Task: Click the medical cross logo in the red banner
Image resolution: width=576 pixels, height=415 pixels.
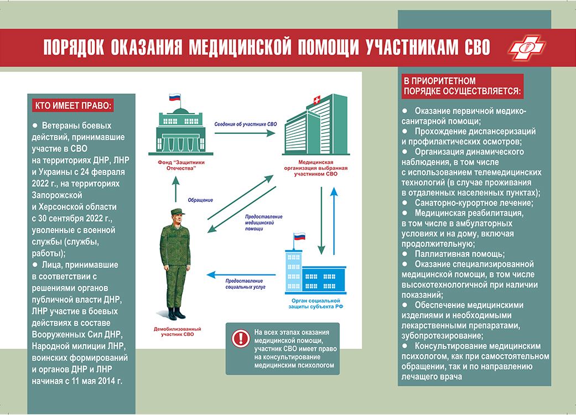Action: (x=526, y=48)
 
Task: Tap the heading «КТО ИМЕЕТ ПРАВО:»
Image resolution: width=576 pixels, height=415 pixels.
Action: (x=72, y=106)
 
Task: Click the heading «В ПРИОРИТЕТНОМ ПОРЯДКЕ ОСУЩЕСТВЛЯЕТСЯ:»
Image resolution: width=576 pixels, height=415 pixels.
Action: (x=462, y=86)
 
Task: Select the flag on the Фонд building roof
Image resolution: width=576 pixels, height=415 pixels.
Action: (x=175, y=97)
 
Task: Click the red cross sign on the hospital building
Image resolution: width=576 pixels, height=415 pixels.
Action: (x=316, y=100)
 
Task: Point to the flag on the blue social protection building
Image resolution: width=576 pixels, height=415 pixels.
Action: (x=299, y=236)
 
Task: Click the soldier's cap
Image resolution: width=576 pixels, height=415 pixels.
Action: (x=178, y=212)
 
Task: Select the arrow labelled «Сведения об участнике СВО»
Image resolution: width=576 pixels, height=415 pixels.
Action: (x=245, y=133)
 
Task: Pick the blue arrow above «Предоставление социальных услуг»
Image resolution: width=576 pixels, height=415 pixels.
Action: (x=241, y=274)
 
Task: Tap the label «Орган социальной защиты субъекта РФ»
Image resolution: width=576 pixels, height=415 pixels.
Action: (x=315, y=304)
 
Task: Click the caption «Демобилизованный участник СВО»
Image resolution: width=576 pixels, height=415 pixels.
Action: (x=178, y=331)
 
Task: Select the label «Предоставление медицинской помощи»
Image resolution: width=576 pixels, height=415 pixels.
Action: (x=263, y=222)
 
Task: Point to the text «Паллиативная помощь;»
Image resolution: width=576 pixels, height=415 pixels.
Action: (x=460, y=254)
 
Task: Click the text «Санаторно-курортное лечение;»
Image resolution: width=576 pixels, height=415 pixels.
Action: (x=474, y=203)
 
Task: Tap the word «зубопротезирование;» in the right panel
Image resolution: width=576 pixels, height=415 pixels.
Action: (x=442, y=336)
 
